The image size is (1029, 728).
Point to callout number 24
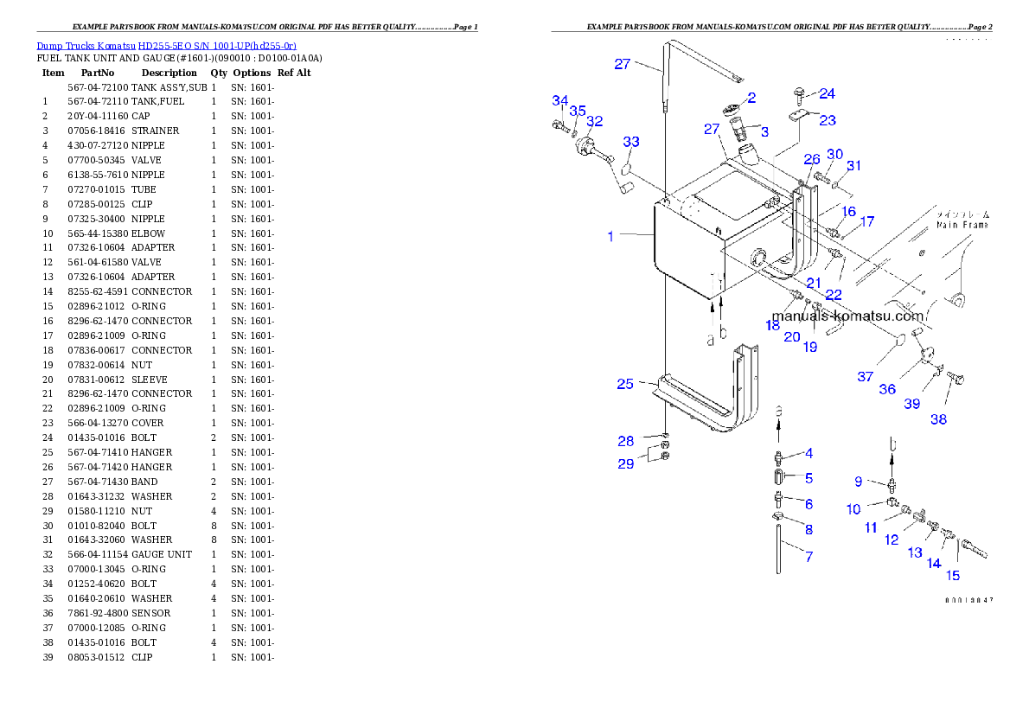827,93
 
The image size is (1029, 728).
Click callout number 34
560,101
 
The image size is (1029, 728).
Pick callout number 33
631,142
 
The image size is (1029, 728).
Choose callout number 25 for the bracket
625,384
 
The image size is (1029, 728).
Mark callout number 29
625,463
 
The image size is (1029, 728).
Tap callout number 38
938,419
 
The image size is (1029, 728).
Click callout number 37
866,376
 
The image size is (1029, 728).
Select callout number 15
952,575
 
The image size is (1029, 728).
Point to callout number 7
808,557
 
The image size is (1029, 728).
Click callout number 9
859,482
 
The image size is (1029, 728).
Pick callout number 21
814,283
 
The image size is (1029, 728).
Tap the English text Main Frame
963,225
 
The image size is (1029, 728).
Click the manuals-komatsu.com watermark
847,316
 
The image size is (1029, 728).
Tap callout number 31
853,166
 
